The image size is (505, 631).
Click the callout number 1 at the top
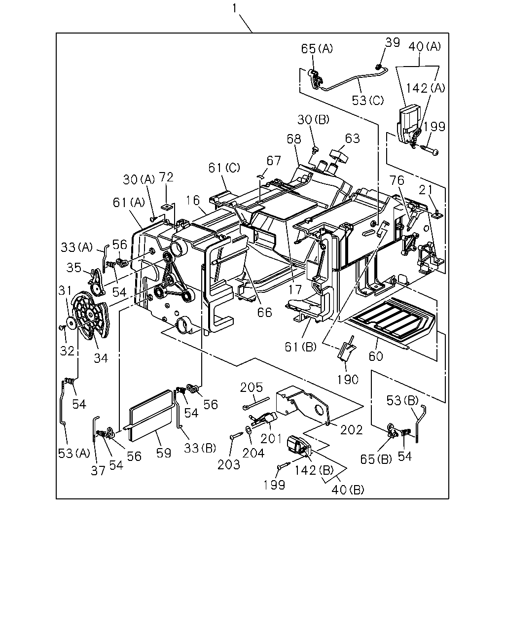pos(234,8)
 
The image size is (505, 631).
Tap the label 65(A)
pos(317,49)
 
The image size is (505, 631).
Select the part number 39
pos(393,43)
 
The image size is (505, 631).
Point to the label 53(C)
pos(368,101)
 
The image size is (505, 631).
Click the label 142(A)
pos(425,88)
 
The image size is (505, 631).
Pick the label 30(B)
pos(313,120)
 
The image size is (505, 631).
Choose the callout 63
pos(352,139)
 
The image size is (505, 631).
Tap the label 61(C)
pos(224,168)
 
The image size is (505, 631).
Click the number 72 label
pos(166,177)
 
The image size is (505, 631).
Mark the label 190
pos(348,380)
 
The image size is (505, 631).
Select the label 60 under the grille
pos(376,356)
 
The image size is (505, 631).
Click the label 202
pos(352,430)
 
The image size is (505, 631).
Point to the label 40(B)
pos(348,490)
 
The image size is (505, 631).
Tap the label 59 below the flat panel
pos(164,453)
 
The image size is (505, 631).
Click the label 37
pos(98,471)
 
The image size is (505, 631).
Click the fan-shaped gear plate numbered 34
pos(91,315)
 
